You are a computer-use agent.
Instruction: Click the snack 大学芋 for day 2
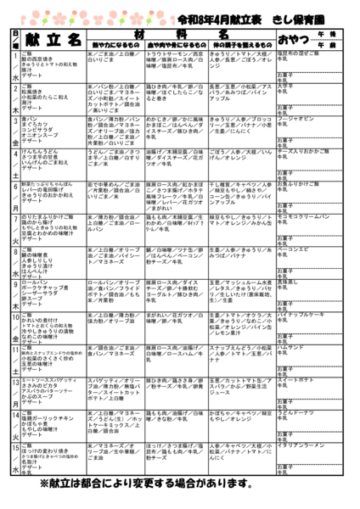(x=285, y=86)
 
